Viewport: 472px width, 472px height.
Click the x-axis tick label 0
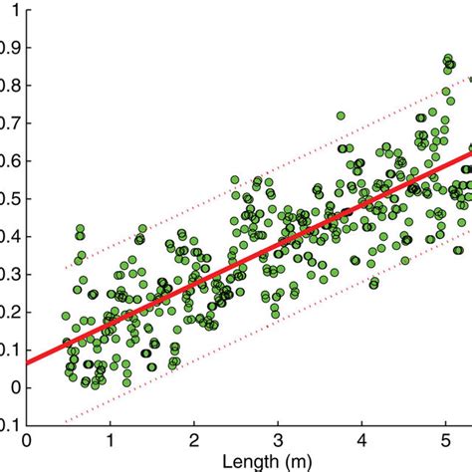click(x=27, y=439)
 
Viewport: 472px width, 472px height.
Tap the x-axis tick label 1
click(x=111, y=439)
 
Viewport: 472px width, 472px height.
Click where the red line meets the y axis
click(x=28, y=362)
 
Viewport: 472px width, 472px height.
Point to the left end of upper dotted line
click(x=66, y=268)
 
